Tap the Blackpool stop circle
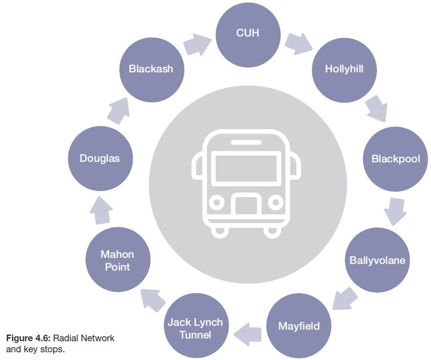(x=395, y=159)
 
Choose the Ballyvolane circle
(x=377, y=260)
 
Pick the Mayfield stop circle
(x=299, y=325)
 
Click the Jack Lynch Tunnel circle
(x=195, y=328)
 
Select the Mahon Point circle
(x=117, y=260)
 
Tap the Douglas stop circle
(x=99, y=158)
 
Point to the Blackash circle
(x=151, y=69)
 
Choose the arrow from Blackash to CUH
(x=196, y=44)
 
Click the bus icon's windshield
(x=246, y=168)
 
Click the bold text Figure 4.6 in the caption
(x=28, y=337)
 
